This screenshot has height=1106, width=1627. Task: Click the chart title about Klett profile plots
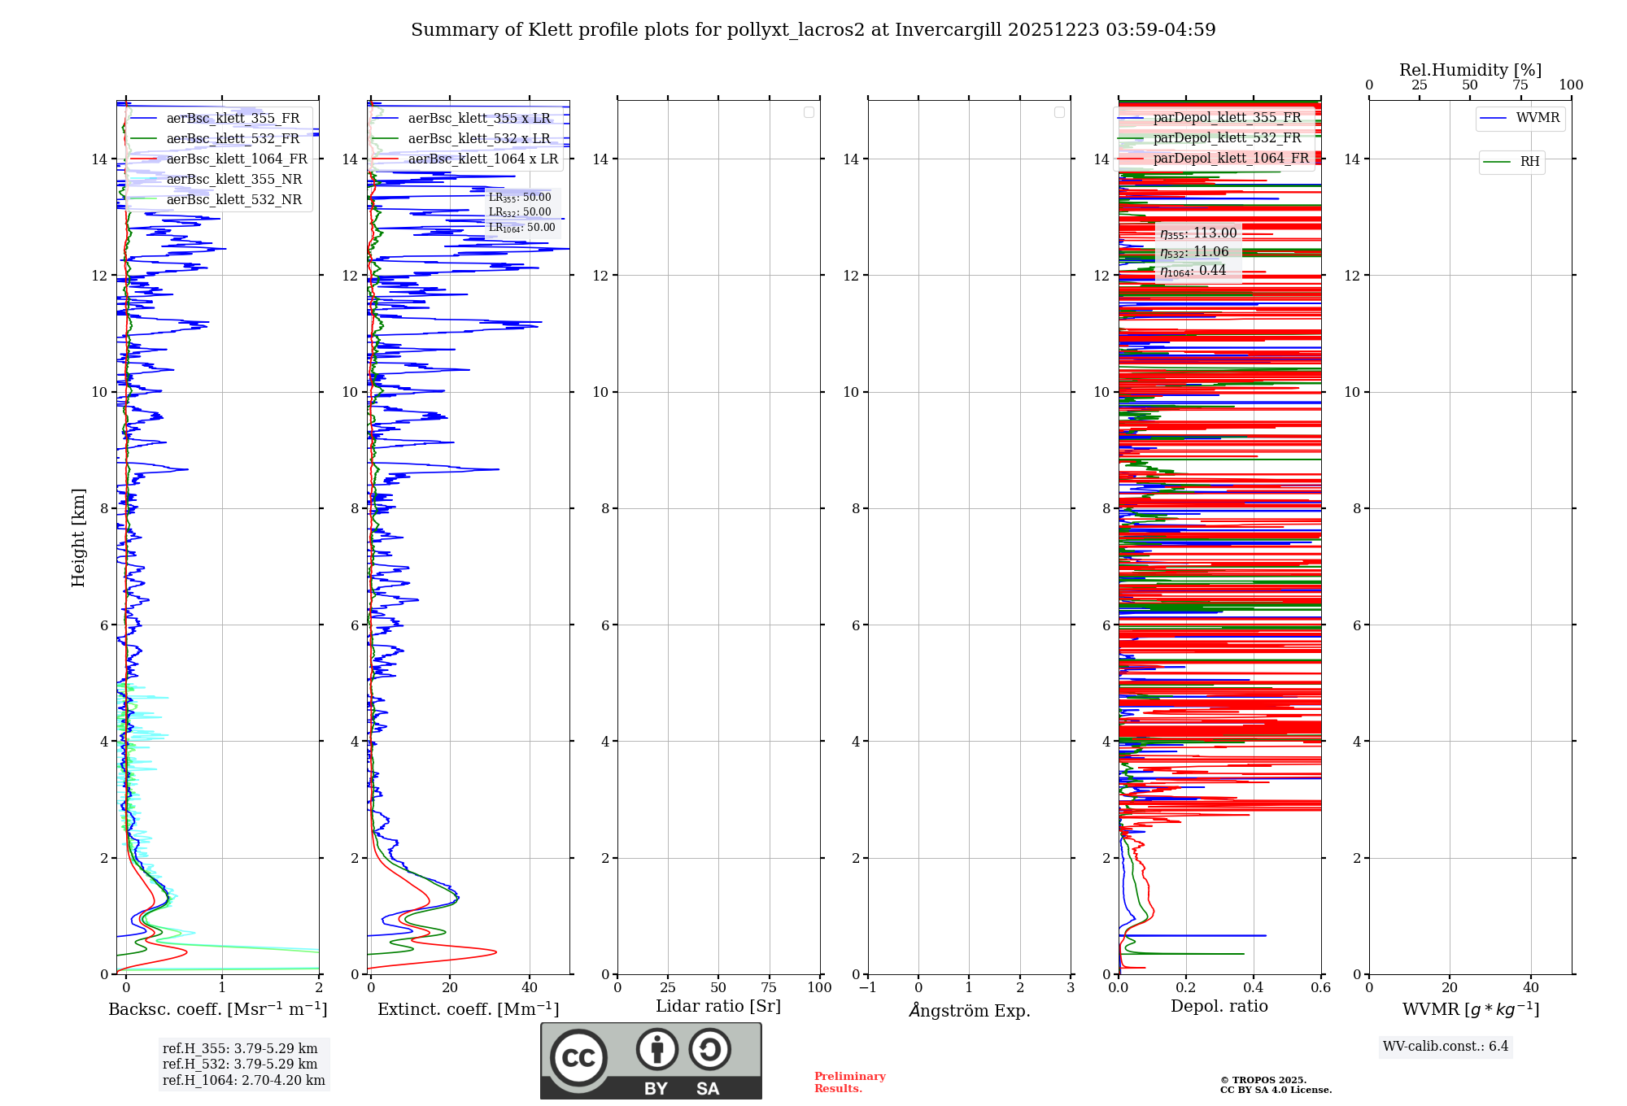(813, 30)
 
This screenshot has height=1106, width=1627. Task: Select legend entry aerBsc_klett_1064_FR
(236, 159)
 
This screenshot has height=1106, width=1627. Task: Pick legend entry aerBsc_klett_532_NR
(233, 200)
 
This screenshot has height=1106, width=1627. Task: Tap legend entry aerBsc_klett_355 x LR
(478, 119)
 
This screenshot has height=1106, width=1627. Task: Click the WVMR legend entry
(1537, 118)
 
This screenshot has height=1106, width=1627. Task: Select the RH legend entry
(1529, 162)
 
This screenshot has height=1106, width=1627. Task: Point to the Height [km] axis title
(78, 538)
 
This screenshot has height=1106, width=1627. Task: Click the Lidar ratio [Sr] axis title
(718, 1007)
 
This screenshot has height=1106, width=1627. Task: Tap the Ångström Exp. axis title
(970, 1011)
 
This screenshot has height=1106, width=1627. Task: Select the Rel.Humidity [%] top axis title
(1470, 70)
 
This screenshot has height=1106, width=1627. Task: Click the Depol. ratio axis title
(1219, 1007)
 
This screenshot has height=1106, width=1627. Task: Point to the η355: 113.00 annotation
(1198, 233)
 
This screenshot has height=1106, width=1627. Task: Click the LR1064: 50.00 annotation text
(521, 228)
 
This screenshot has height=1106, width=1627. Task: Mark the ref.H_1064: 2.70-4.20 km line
(243, 1081)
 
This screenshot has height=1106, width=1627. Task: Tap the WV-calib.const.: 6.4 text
(1445, 1047)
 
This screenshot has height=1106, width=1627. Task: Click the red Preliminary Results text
(849, 1082)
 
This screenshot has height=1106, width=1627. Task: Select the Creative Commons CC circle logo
(578, 1058)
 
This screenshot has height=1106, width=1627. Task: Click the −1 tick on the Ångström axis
(868, 988)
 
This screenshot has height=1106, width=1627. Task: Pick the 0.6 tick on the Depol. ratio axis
(1320, 988)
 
